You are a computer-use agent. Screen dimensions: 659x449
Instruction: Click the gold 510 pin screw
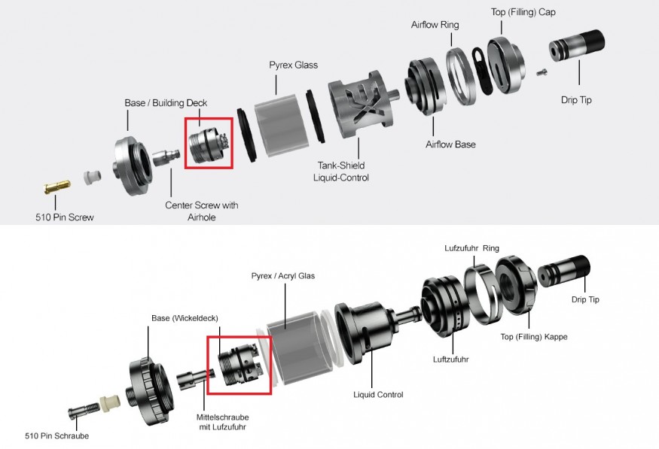(x=57, y=187)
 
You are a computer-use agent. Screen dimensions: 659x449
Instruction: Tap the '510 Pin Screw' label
(x=65, y=217)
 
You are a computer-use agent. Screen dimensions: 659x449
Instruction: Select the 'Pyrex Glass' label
(x=294, y=65)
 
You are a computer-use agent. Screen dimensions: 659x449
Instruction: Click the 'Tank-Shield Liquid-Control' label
(x=341, y=171)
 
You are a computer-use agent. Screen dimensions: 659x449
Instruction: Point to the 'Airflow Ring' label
(x=435, y=25)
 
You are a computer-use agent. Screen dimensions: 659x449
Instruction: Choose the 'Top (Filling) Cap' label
(x=523, y=12)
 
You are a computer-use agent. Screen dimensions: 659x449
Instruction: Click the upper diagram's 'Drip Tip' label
(x=576, y=100)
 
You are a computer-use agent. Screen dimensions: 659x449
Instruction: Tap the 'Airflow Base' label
(x=450, y=144)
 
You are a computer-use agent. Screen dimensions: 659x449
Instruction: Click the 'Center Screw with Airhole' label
(x=202, y=211)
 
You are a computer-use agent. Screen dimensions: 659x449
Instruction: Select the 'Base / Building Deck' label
(x=166, y=103)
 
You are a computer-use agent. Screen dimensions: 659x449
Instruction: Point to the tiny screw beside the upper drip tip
(x=542, y=73)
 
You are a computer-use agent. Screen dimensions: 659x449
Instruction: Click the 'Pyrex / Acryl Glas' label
(x=283, y=276)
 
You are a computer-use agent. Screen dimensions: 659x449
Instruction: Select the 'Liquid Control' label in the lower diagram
(x=378, y=394)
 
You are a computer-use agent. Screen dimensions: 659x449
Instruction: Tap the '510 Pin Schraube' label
(x=56, y=435)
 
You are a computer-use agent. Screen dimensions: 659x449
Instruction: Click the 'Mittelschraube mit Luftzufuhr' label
(x=222, y=422)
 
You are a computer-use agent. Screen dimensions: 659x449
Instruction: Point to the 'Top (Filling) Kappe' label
(x=534, y=337)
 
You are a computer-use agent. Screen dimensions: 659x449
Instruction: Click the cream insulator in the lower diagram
(x=110, y=404)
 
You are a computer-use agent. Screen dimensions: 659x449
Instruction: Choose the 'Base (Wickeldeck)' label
(x=185, y=318)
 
